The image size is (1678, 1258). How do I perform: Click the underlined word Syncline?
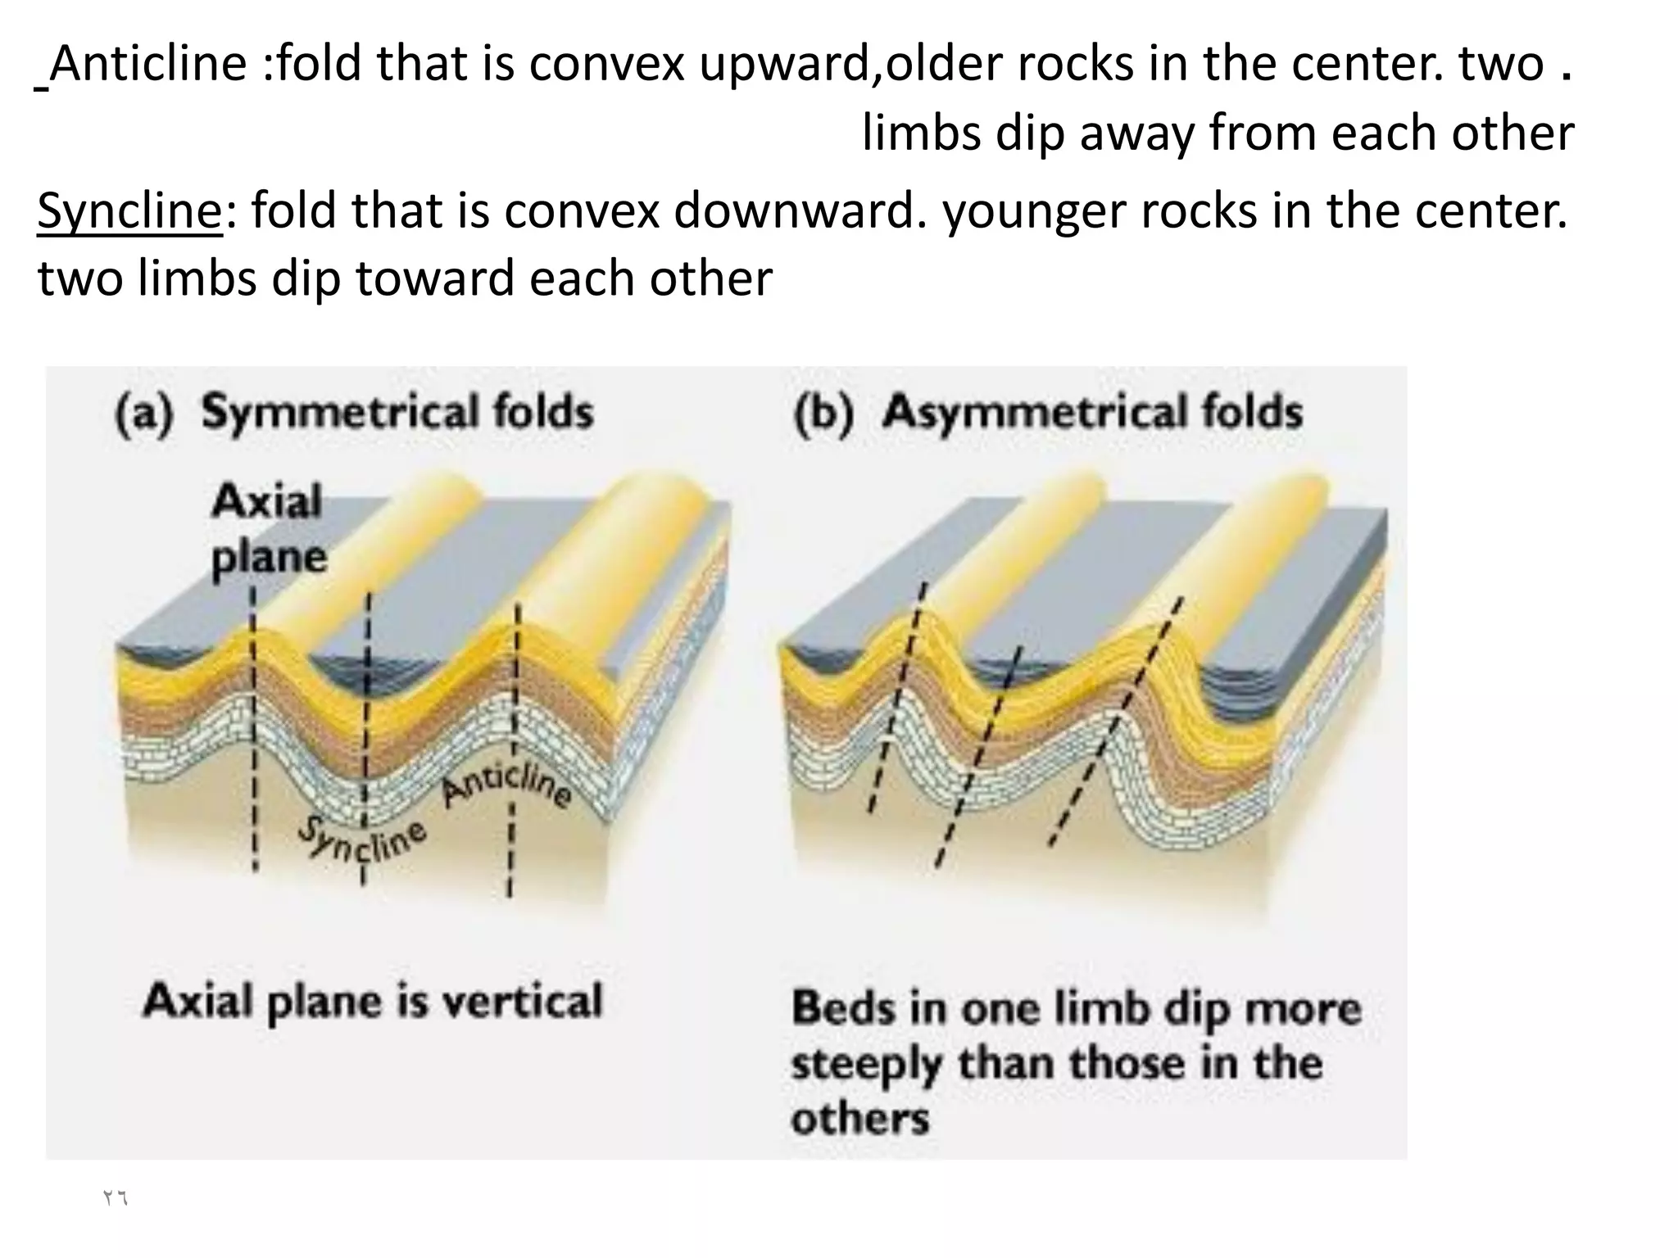click(x=129, y=210)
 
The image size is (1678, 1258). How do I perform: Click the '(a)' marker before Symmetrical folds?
click(x=144, y=411)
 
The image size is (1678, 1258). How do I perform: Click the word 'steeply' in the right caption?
click(x=866, y=1064)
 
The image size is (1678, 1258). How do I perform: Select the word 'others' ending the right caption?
click(x=859, y=1119)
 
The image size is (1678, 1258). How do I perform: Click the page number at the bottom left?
click(x=115, y=1198)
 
